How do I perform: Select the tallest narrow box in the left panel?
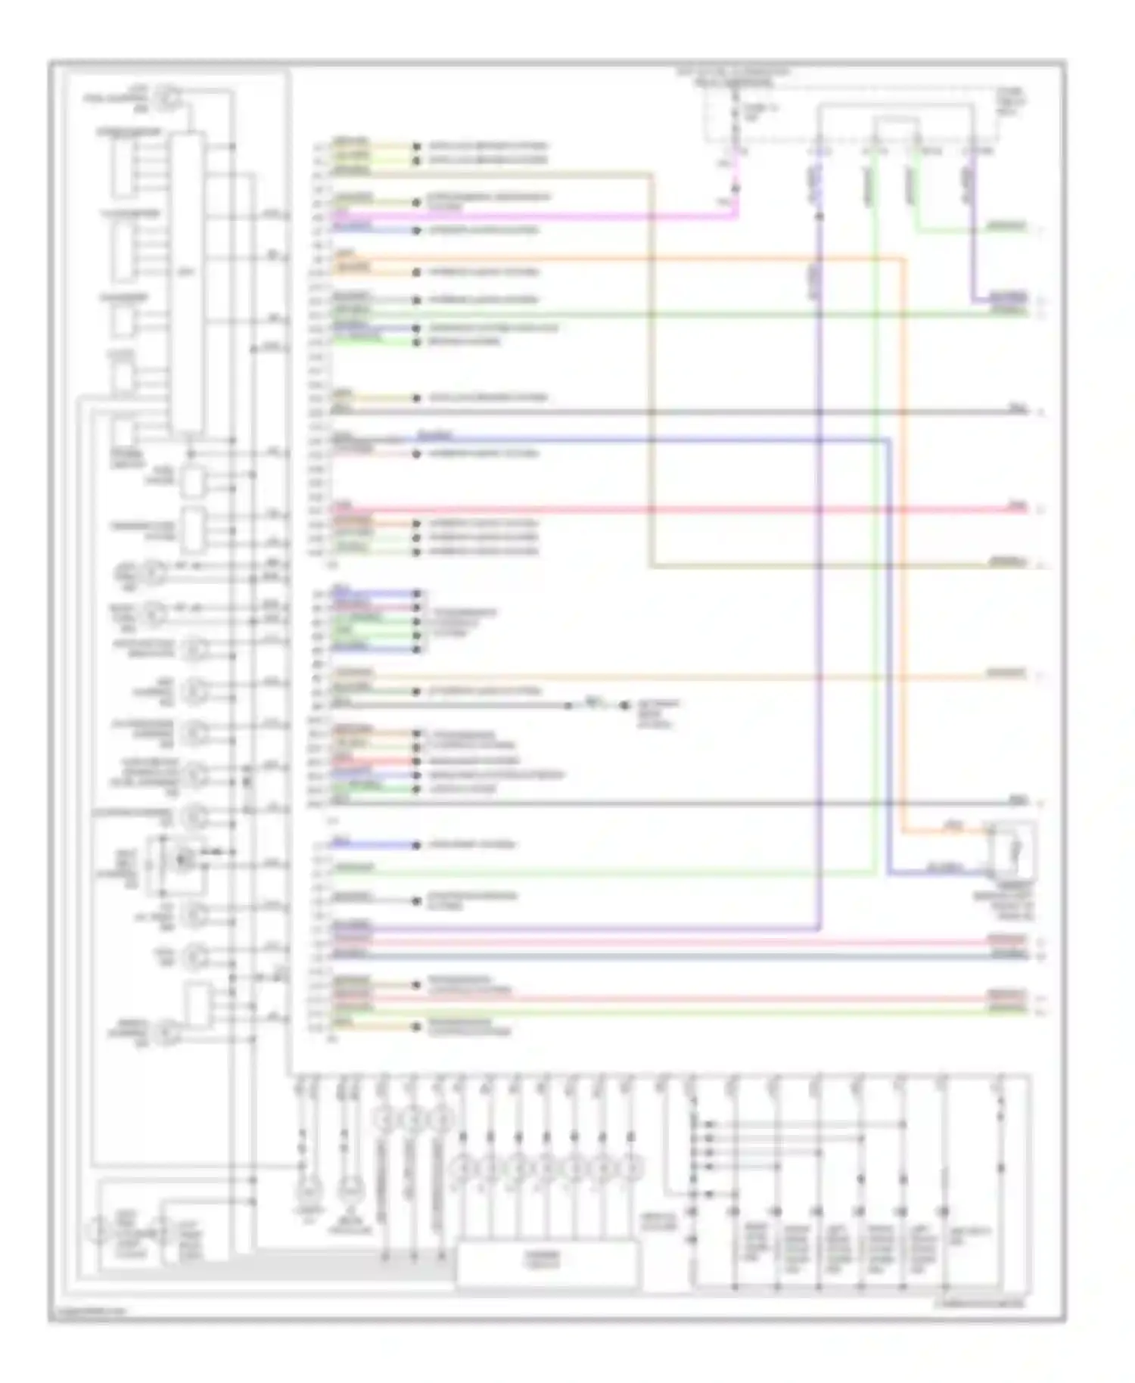pyautogui.click(x=187, y=284)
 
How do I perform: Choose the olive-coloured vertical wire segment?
pyautogui.click(x=651, y=371)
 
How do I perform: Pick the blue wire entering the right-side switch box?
pyautogui.click(x=938, y=873)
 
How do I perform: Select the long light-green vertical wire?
pyautogui.click(x=875, y=530)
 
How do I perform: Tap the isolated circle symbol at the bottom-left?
pyautogui.click(x=98, y=1231)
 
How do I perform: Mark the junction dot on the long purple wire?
pyautogui.click(x=819, y=217)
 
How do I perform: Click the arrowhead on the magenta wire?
pyautogui.click(x=734, y=187)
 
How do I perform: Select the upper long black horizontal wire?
pyautogui.click(x=681, y=412)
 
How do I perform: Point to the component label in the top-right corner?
pyautogui.click(x=1011, y=101)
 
